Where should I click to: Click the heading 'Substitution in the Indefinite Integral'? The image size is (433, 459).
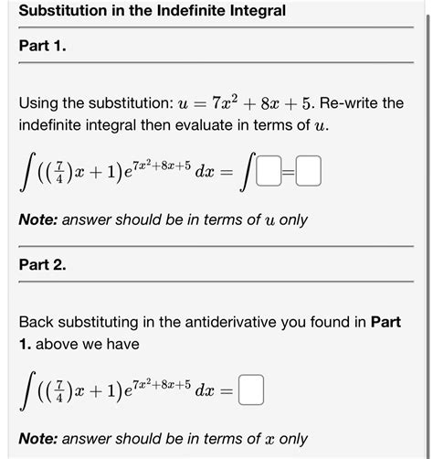tap(152, 11)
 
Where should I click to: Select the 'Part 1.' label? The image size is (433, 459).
tap(42, 46)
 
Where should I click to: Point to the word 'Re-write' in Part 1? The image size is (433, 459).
tap(348, 102)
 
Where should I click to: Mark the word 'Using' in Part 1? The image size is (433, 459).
tap(38, 102)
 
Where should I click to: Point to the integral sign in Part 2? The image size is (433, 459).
tap(28, 391)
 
